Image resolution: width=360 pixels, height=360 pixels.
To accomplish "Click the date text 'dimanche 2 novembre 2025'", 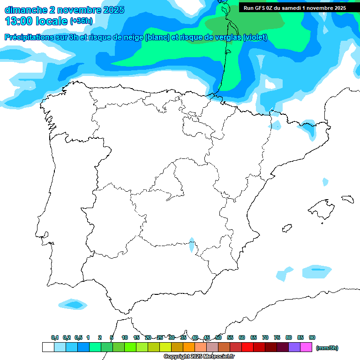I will tap(64, 10).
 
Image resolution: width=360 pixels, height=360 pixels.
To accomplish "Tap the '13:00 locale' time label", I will tap(36, 21).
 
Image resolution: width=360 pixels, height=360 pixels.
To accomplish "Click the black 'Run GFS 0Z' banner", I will tap(294, 7).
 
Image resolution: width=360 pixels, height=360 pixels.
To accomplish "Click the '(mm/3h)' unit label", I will tap(327, 348).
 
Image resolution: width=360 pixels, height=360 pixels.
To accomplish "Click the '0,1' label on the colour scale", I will tap(55, 337).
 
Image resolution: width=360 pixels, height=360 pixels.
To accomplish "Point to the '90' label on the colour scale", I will tap(312, 337).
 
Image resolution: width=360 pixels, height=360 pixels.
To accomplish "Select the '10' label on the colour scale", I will tap(125, 337).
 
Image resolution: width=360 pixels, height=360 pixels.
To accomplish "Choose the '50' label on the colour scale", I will tap(218, 337).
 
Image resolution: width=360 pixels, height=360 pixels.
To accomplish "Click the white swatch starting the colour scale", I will tap(48, 347).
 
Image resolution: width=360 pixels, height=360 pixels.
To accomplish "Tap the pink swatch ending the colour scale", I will tap(306, 347).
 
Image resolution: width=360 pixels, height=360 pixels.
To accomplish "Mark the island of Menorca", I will tap(347, 199).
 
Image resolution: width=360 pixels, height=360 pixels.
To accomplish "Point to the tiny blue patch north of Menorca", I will tap(325, 181).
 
